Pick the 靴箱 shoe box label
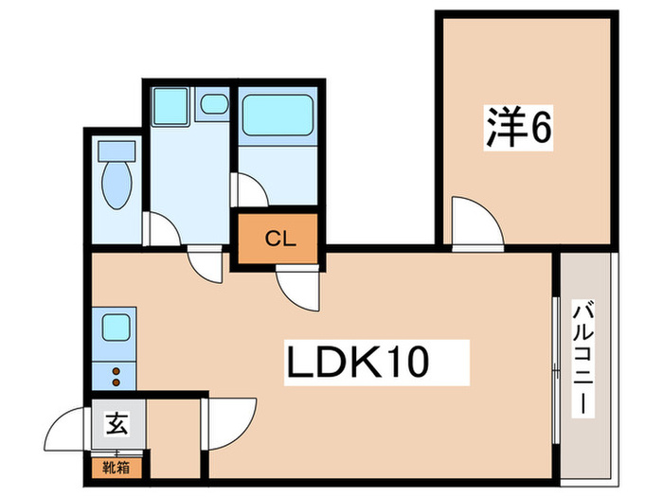tap(117, 466)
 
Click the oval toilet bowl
tap(116, 186)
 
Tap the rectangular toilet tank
tap(116, 150)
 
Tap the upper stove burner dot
tap(116, 369)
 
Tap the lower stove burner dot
tap(116, 382)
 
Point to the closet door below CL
tap(298, 287)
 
